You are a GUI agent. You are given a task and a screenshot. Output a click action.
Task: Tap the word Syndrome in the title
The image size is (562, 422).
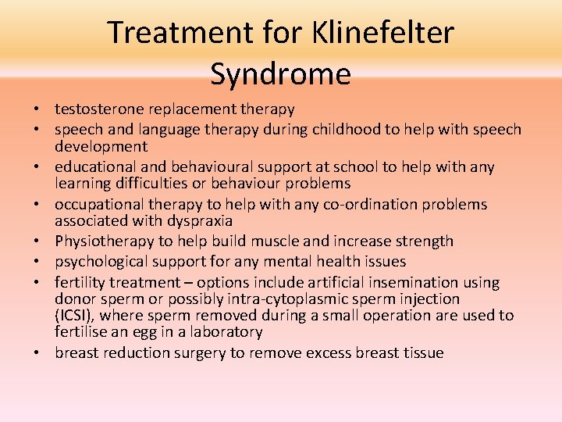280,74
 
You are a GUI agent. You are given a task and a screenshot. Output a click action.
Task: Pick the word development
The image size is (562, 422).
101,146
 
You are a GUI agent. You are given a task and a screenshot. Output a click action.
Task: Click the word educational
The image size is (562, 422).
94,166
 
